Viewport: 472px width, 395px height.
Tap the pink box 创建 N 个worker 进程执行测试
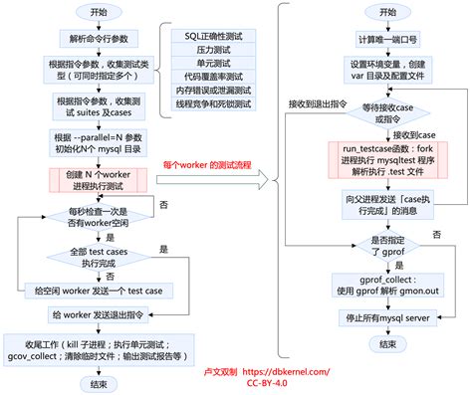97,180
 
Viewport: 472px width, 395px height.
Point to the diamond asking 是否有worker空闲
97,218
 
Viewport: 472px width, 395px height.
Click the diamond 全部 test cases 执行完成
97,258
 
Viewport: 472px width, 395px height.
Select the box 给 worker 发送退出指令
97,315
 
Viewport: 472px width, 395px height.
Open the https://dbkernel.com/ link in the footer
283,367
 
